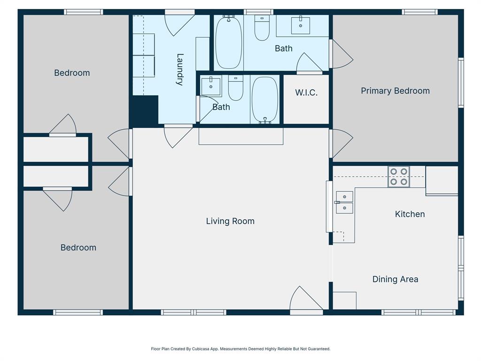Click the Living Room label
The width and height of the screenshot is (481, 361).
pyautogui.click(x=230, y=221)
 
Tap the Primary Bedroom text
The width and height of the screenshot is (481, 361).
pyautogui.click(x=395, y=91)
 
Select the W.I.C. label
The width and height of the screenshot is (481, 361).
pyautogui.click(x=306, y=93)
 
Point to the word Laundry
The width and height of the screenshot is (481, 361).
pyautogui.click(x=179, y=70)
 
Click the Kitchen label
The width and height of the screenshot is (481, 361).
pyautogui.click(x=410, y=214)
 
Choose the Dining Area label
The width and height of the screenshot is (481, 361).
pyautogui.click(x=395, y=279)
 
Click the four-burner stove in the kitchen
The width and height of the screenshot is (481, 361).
pyautogui.click(x=398, y=177)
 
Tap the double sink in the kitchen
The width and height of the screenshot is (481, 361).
pyautogui.click(x=345, y=202)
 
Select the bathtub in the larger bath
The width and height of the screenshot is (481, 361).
pyautogui.click(x=229, y=42)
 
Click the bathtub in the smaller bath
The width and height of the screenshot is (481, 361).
pyautogui.click(x=265, y=100)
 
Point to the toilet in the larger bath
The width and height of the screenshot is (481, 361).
pyautogui.click(x=262, y=29)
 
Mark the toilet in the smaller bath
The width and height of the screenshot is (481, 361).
pyautogui.click(x=236, y=88)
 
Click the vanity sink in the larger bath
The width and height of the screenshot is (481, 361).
pyautogui.click(x=301, y=25)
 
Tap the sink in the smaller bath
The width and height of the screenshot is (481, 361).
pyautogui.click(x=211, y=86)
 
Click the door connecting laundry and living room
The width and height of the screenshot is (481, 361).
pyautogui.click(x=178, y=135)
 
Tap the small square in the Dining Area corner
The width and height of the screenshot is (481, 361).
pyautogui.click(x=344, y=300)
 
